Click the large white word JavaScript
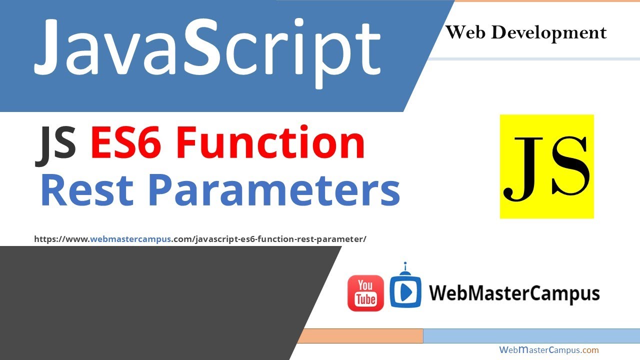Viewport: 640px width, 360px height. [207, 47]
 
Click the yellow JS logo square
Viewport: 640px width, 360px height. [546, 166]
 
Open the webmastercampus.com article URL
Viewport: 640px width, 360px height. [200, 239]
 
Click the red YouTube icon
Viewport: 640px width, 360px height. [365, 293]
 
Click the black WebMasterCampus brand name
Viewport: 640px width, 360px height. [514, 293]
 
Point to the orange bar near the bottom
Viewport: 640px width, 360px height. [360, 336]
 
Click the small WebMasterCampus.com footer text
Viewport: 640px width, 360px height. [548, 350]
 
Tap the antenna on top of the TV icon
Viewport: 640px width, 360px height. [405, 265]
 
